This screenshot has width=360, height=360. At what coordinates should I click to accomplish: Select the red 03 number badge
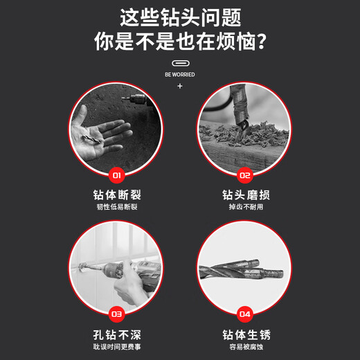116,314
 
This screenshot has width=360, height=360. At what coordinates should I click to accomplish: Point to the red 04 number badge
243,314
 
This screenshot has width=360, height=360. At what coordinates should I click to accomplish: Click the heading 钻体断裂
116,194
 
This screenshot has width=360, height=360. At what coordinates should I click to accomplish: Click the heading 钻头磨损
244,194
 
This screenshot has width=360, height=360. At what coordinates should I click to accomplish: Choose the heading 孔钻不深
116,334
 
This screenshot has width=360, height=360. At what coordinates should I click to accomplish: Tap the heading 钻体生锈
244,334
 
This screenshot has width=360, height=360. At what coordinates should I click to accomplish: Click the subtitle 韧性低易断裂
116,207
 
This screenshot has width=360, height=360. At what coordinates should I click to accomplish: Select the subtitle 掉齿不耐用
244,207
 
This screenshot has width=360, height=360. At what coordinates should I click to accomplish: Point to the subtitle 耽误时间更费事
116,347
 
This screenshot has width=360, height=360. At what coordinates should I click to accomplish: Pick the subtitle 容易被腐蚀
244,347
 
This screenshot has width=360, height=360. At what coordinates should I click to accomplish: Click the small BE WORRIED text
179,74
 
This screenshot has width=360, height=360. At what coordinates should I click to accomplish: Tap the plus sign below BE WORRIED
180,86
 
